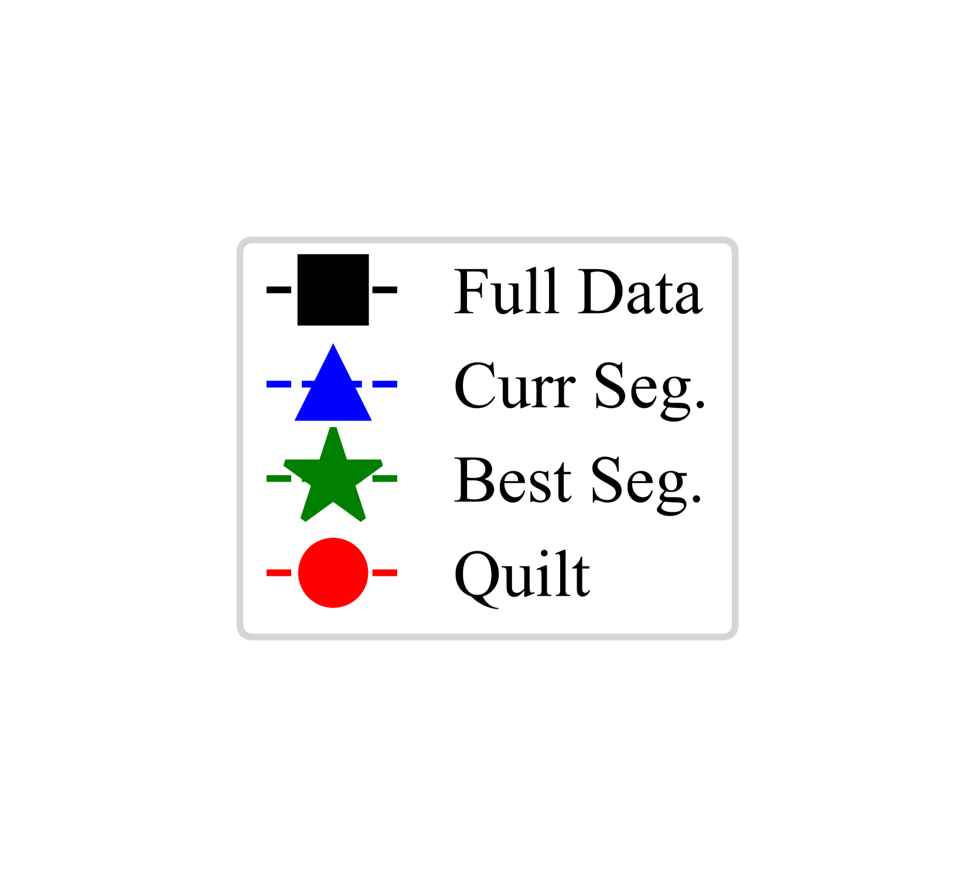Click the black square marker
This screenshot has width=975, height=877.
333,289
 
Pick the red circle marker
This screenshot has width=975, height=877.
333,572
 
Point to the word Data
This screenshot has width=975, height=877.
640,291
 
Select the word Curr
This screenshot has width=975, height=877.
514,385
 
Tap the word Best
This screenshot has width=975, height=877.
513,479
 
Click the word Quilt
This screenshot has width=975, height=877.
521,575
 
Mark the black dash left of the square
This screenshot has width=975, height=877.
279,289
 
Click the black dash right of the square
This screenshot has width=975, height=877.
385,289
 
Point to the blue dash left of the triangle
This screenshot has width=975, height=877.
279,384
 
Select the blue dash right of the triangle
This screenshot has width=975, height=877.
385,384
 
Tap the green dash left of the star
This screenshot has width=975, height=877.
278,479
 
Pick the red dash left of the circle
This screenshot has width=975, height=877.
279,572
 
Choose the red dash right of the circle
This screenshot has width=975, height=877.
385,572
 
